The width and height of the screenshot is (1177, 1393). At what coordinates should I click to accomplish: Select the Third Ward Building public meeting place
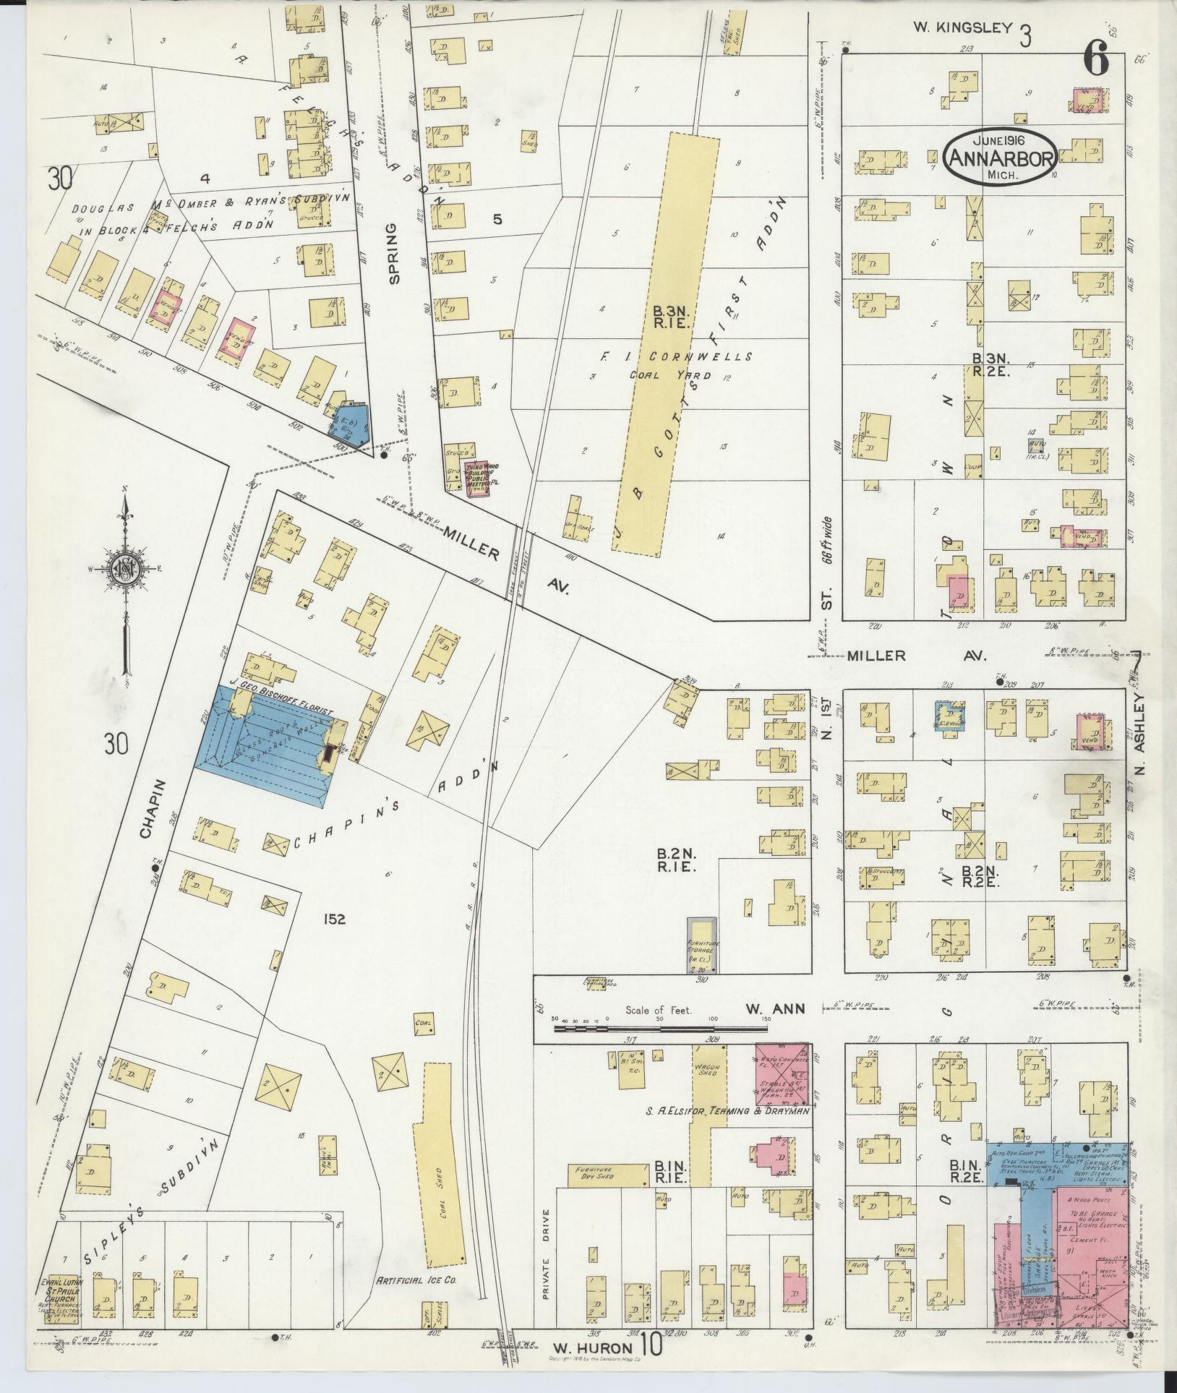(x=477, y=477)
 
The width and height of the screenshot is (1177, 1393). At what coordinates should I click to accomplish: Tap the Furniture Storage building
(x=701, y=944)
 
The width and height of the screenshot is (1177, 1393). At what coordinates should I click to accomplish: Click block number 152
(x=335, y=919)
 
